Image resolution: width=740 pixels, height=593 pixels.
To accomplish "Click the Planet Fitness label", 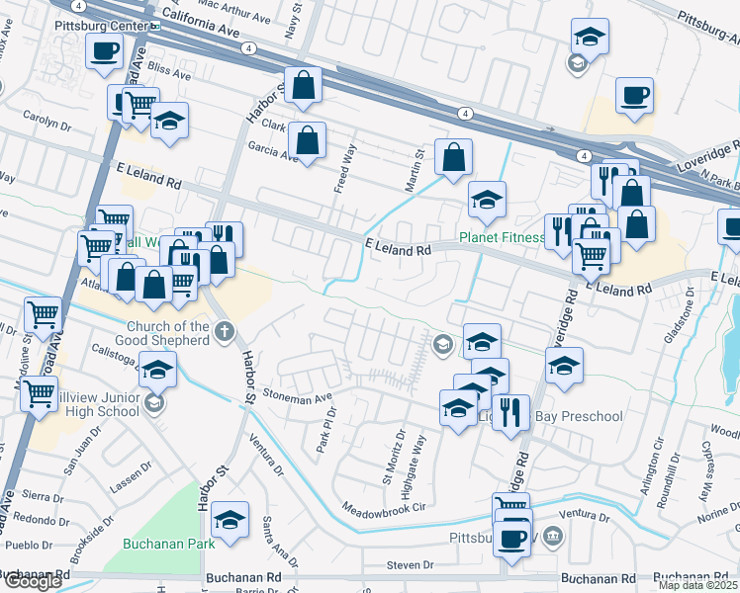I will (x=502, y=237).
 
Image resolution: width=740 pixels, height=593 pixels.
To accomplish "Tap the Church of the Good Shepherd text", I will (x=167, y=333).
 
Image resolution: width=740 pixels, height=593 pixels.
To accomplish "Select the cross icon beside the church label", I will (x=225, y=330).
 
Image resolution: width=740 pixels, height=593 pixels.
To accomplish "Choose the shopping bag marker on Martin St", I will (x=453, y=157).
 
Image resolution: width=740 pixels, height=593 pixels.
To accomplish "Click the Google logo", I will (x=33, y=581).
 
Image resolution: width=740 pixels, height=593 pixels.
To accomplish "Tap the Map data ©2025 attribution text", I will (x=698, y=585).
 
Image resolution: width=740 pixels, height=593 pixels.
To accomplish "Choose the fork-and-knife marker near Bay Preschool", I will (x=510, y=412).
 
